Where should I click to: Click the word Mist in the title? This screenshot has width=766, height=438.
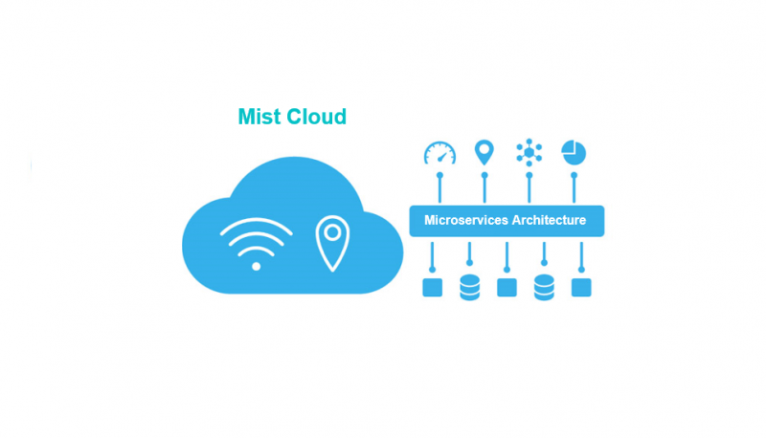coord(259,117)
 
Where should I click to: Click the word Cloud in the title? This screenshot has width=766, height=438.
coord(316,117)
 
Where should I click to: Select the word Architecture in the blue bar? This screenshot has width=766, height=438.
coord(545,220)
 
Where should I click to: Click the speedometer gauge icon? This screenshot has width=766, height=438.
coord(439,153)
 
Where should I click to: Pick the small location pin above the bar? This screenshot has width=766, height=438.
coord(484,153)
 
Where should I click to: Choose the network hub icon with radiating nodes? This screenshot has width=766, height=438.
coord(529,153)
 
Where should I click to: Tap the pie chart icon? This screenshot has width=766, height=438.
coord(574,153)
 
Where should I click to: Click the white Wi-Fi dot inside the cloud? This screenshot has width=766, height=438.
coord(256,266)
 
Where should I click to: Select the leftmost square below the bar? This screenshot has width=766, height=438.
coord(433,287)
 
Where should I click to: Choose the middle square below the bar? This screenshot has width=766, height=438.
coord(507,287)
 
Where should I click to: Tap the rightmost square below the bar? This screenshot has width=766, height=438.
coord(581,287)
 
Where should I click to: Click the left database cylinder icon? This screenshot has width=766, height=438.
coord(469,287)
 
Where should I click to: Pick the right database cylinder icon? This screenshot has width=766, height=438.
coord(544,287)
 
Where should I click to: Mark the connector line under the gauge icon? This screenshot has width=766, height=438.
coord(439,188)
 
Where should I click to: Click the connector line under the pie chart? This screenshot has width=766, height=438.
coord(574,188)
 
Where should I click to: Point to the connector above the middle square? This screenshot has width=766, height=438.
coord(507,257)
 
